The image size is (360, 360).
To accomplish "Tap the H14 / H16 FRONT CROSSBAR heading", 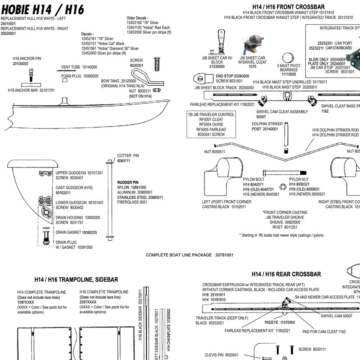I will (288, 7).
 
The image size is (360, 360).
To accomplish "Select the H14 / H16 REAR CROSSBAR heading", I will (286, 274).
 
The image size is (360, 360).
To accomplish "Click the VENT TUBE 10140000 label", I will (79, 67).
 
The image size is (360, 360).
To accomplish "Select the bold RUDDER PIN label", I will (128, 182).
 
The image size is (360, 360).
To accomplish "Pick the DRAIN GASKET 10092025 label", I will (76, 232).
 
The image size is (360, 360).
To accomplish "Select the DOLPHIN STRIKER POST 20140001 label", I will (265, 126).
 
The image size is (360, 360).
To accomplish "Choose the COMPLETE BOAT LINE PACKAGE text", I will (189, 255).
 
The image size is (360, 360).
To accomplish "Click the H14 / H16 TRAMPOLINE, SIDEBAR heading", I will (76, 280).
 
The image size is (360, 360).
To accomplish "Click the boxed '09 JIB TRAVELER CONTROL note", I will (211, 124).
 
